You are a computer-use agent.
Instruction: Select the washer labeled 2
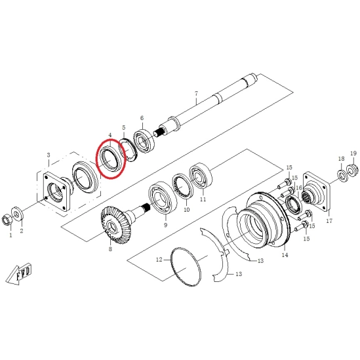point(16,214)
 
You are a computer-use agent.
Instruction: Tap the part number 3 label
point(49,155)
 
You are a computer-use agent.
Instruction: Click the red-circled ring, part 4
point(110,159)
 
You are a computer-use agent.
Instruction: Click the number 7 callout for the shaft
point(196,94)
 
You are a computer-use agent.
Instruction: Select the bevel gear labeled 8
point(117,226)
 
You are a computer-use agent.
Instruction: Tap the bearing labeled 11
point(201,176)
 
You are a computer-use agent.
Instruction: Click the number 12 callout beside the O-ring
point(159,260)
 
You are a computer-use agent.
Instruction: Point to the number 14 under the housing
point(285,255)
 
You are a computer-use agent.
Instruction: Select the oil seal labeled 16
point(294,204)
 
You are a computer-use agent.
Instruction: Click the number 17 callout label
point(329,221)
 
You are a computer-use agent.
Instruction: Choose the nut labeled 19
point(352,170)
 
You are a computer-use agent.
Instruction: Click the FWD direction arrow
point(19,275)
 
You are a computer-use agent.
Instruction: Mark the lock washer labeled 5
point(127,151)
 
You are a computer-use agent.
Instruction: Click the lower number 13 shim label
point(239,274)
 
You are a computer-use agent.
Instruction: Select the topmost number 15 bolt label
point(289,168)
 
